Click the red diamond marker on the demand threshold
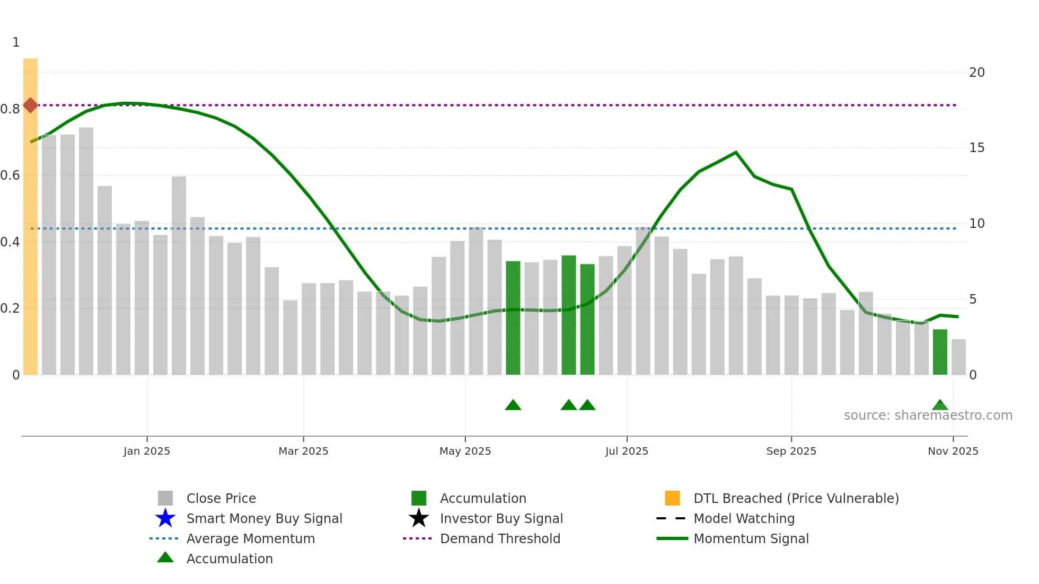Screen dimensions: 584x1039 [30, 105]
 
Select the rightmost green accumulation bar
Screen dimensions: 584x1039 [940, 352]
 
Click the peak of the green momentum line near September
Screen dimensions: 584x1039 [736, 153]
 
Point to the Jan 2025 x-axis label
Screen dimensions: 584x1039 [147, 451]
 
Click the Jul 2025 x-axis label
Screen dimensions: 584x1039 [627, 451]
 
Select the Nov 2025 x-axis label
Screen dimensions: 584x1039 [953, 451]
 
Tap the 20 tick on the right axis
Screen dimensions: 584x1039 [976, 73]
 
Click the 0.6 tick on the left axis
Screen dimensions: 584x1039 [10, 175]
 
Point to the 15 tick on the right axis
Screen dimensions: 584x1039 [976, 148]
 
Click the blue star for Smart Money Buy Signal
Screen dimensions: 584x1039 [165, 518]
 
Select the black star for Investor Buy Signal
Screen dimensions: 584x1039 [419, 518]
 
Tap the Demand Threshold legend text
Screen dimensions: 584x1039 [500, 538]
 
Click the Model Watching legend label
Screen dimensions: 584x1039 [744, 518]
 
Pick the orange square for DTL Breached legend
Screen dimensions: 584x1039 [672, 498]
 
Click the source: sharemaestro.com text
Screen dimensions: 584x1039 [928, 415]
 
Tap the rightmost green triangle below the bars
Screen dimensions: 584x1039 [940, 405]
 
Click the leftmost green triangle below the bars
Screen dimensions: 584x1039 [513, 405]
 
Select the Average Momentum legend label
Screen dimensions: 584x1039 [251, 538]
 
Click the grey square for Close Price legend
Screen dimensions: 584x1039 [165, 498]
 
